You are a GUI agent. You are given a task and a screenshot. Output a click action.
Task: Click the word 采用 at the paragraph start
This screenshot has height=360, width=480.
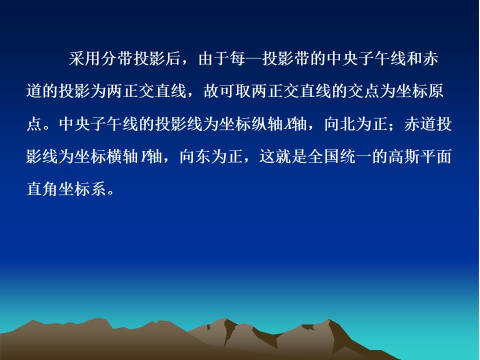click(x=84, y=58)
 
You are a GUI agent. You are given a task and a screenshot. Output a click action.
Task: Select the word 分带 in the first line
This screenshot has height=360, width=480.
click(x=116, y=58)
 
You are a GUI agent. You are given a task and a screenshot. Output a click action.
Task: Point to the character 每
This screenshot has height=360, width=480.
click(x=238, y=58)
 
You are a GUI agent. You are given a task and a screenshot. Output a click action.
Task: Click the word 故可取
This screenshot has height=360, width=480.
click(x=227, y=91)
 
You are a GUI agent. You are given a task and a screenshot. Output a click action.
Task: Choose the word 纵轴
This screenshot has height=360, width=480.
click(x=267, y=124)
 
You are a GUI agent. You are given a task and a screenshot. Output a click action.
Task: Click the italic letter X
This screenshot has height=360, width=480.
click(x=288, y=124)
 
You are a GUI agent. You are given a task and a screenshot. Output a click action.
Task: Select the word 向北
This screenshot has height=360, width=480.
click(x=340, y=124)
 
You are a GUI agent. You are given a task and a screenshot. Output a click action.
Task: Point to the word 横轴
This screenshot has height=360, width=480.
click(x=122, y=156)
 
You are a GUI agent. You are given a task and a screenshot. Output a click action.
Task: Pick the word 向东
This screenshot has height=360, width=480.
click(x=195, y=156)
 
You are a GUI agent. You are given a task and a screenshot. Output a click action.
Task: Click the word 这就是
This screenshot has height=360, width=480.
click(x=283, y=156)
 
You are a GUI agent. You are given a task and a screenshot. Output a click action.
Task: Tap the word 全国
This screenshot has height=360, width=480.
click(x=323, y=156)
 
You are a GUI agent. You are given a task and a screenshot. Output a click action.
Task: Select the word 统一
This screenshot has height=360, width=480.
click(x=355, y=156)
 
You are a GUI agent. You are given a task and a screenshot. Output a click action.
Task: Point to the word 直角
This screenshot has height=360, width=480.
click(x=42, y=188)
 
